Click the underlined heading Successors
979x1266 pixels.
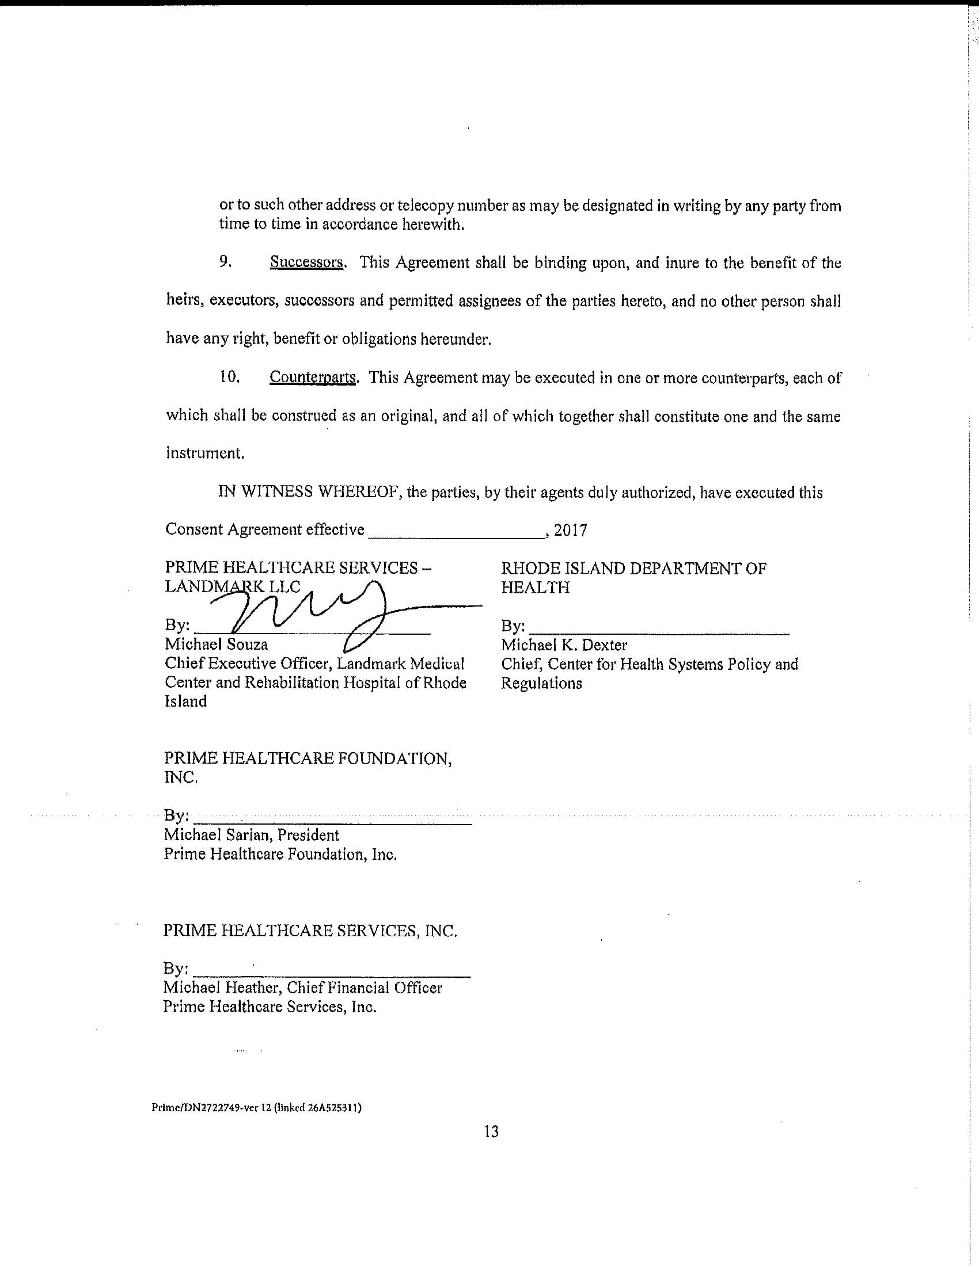pyautogui.click(x=307, y=263)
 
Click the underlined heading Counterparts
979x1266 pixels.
pyautogui.click(x=313, y=378)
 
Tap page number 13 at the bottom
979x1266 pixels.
pyautogui.click(x=491, y=1131)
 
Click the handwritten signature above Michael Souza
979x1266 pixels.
pyautogui.click(x=325, y=615)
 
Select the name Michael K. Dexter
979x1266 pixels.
pyautogui.click(x=564, y=645)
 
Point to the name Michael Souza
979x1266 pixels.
pyautogui.click(x=217, y=645)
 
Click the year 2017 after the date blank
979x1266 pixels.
pyautogui.click(x=570, y=531)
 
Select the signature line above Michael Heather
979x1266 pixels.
pyautogui.click(x=332, y=977)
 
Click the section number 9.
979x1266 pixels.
pyautogui.click(x=226, y=262)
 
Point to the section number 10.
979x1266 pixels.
pyautogui.click(x=230, y=377)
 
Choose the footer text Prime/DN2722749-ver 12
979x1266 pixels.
pyautogui.click(x=212, y=1107)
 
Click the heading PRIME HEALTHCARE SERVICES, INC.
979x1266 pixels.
pyautogui.click(x=310, y=931)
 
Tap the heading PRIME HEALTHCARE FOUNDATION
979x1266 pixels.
pyautogui.click(x=308, y=759)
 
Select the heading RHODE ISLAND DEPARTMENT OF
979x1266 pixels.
pyautogui.click(x=633, y=569)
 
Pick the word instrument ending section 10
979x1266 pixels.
pyautogui.click(x=204, y=453)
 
